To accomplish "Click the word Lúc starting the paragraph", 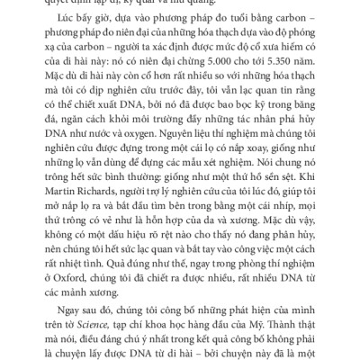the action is pyautogui.click(x=69, y=37).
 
